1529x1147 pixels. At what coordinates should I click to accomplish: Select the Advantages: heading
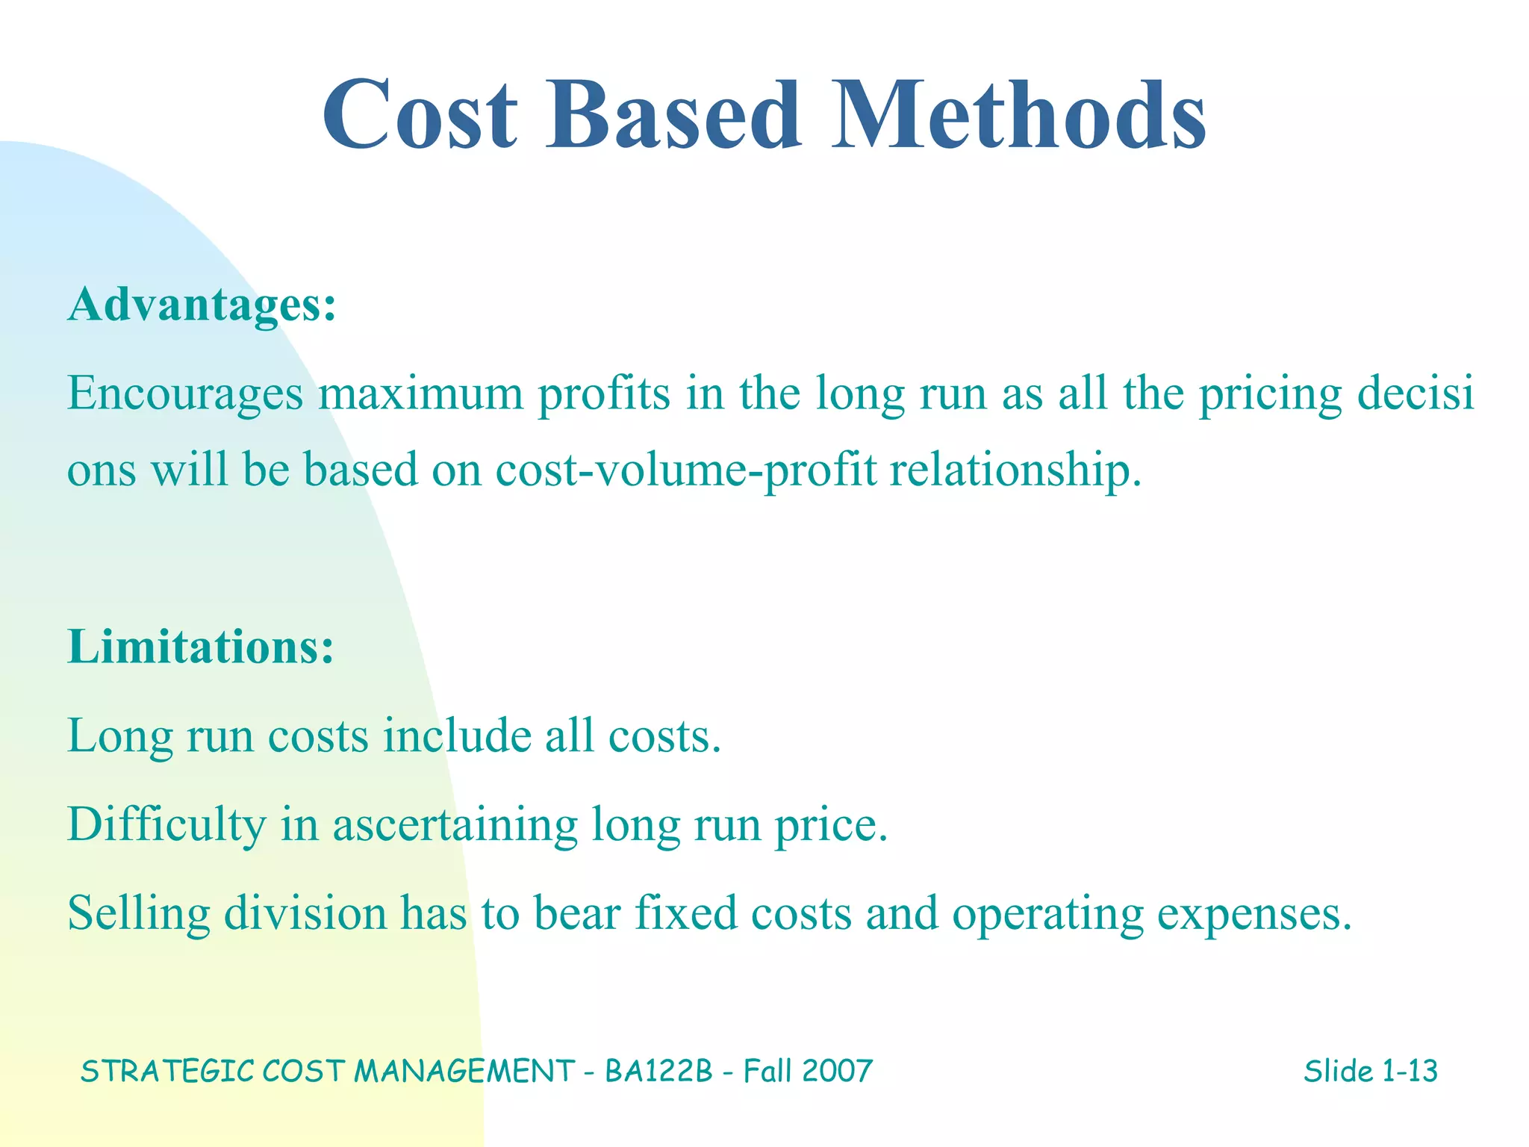tap(202, 305)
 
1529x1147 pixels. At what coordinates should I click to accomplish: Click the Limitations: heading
tap(200, 647)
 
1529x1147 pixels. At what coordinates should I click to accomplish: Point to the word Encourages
tap(185, 394)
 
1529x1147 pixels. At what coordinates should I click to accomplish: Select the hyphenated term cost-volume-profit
tap(685, 470)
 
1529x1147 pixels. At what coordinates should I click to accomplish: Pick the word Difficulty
tap(166, 825)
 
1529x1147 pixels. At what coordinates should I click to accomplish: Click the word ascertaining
tap(455, 825)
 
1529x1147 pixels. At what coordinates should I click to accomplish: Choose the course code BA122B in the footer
tap(658, 1072)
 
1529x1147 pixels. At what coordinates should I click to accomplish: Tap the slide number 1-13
tap(1409, 1072)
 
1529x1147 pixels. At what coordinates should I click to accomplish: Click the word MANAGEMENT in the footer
tap(464, 1072)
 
